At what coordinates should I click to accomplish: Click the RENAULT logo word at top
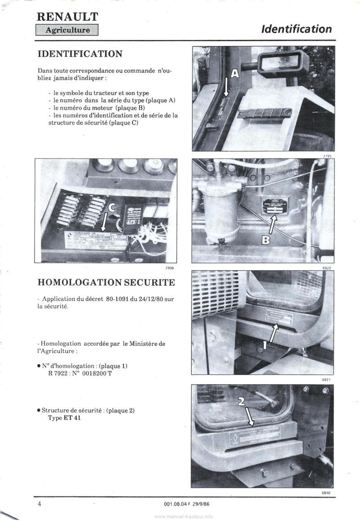click(x=67, y=17)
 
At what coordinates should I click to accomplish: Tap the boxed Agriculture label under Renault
click(x=67, y=31)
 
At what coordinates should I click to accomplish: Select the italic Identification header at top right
click(x=296, y=29)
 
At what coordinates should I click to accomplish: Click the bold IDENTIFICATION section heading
click(x=81, y=54)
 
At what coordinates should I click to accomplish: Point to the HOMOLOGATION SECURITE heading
click(x=106, y=282)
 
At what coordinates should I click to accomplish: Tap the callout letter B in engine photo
click(x=266, y=240)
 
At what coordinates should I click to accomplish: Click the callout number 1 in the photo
click(x=265, y=346)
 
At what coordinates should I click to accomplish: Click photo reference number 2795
click(x=327, y=156)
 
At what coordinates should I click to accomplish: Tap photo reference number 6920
click(x=327, y=267)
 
